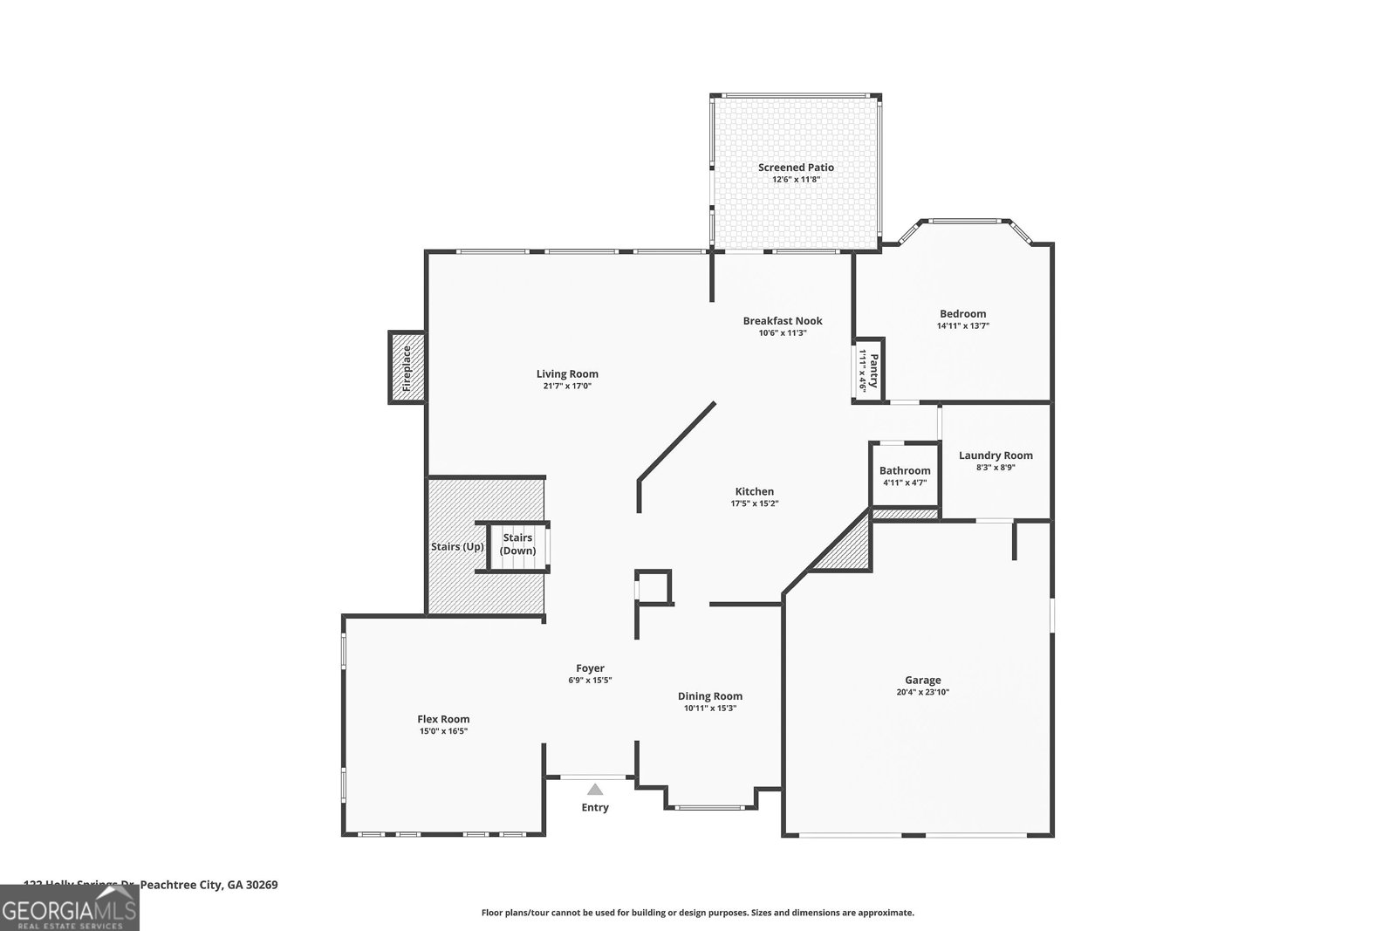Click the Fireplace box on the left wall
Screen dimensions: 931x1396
click(x=407, y=367)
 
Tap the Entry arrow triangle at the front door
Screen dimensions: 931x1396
click(x=595, y=789)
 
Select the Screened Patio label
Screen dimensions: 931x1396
click(x=796, y=168)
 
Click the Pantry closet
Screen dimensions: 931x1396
click(x=868, y=371)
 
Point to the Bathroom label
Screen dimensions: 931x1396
click(x=905, y=470)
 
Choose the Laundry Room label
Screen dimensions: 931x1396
click(x=996, y=455)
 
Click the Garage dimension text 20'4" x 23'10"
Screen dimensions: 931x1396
click(x=922, y=692)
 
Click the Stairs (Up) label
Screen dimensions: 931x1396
click(x=457, y=547)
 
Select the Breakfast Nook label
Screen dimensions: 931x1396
click(x=783, y=321)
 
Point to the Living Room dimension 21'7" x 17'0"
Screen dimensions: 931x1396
click(x=567, y=386)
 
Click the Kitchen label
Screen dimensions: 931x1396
click(x=754, y=491)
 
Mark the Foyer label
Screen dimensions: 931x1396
click(x=590, y=668)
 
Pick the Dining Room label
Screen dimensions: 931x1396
click(x=710, y=696)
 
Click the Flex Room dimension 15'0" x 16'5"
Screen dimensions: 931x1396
click(x=443, y=731)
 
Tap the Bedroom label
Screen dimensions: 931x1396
click(x=962, y=314)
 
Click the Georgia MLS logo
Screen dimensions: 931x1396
click(x=69, y=908)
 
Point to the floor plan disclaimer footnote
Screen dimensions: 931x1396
click(x=697, y=913)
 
